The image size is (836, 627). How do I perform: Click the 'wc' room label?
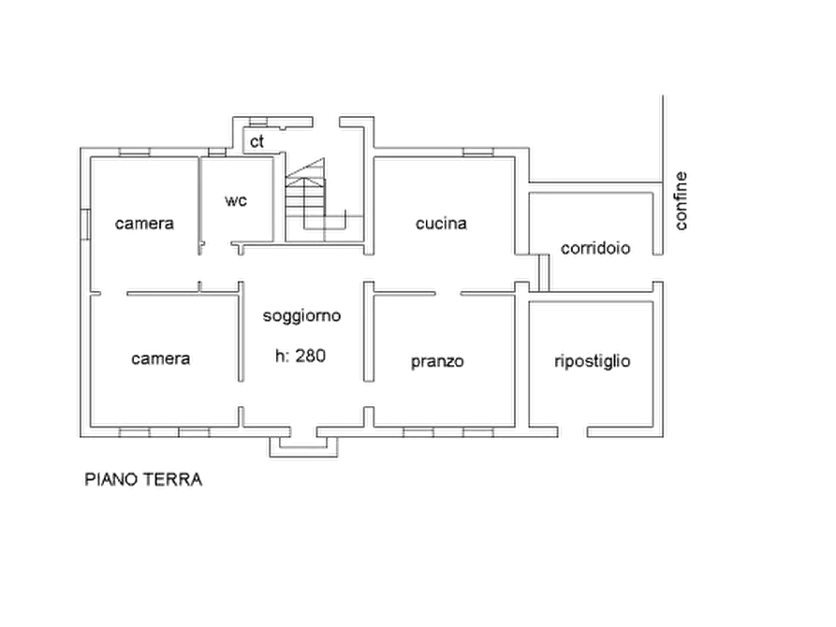[x=236, y=200]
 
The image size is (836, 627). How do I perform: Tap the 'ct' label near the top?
[x=257, y=141]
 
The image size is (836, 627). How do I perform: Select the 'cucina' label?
[x=441, y=223]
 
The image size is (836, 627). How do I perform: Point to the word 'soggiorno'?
[x=301, y=316]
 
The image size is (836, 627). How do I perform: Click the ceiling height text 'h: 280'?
[x=301, y=356]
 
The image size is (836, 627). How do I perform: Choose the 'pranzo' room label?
[x=437, y=362]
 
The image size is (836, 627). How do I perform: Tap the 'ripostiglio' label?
[x=593, y=361]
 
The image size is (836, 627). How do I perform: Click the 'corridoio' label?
[x=595, y=248]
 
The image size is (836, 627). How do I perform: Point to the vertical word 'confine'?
[x=681, y=201]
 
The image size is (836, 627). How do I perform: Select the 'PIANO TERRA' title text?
[x=143, y=479]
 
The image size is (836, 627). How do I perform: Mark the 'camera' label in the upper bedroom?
[x=144, y=223]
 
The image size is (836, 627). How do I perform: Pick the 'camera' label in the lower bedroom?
[x=160, y=358]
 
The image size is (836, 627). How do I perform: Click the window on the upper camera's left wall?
[x=85, y=225]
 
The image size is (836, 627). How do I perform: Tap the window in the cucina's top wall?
[x=478, y=153]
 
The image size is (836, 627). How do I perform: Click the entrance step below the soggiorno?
[x=303, y=446]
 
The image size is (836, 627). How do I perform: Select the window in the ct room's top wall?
[x=258, y=122]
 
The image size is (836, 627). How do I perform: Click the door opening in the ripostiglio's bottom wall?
[x=573, y=431]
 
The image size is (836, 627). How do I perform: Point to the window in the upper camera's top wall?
[x=135, y=153]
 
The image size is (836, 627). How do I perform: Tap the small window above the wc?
[x=216, y=153]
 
